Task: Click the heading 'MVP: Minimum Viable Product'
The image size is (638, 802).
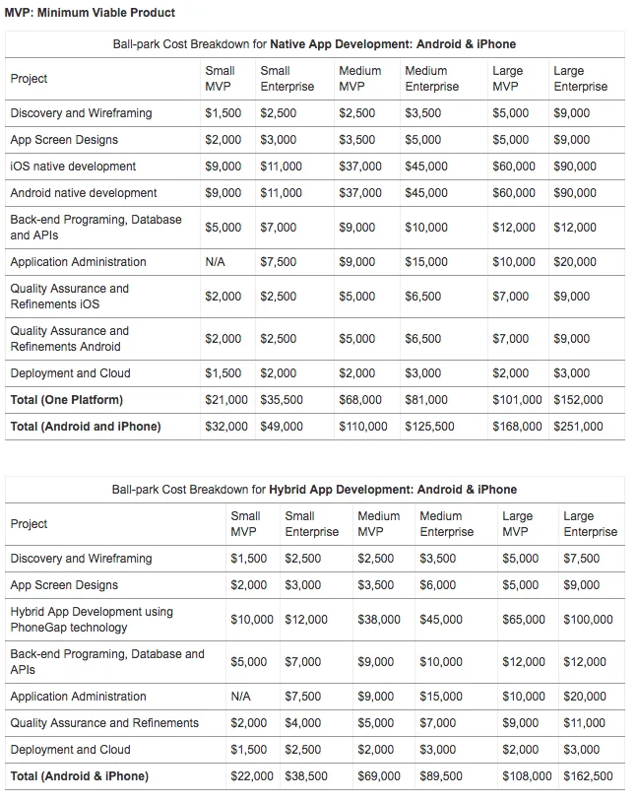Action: pos(90,13)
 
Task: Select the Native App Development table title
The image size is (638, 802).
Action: pos(314,44)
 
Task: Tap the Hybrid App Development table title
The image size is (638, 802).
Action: pos(314,490)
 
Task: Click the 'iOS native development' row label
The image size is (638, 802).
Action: pos(73,167)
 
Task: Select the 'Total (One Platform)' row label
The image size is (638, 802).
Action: pos(67,400)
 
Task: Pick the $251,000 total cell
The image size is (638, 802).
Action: pos(578,427)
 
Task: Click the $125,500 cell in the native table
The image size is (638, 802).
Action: pos(429,427)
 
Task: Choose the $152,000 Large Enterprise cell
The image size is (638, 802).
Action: pos(578,400)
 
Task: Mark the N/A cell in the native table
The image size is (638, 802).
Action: pos(216,262)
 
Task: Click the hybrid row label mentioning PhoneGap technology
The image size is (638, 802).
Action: pos(92,620)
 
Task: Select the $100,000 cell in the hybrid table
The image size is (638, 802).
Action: pos(588,620)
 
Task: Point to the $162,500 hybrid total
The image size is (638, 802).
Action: pos(588,776)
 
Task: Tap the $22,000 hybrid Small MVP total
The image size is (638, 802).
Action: pos(252,776)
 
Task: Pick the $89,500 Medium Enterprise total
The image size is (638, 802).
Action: pos(441,776)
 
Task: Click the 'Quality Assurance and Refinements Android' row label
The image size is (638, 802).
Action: pos(69,339)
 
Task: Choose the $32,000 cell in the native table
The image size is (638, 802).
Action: pos(226,427)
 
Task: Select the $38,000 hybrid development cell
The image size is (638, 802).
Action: pos(379,620)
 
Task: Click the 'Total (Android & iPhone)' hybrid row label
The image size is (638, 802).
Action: pos(80,776)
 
